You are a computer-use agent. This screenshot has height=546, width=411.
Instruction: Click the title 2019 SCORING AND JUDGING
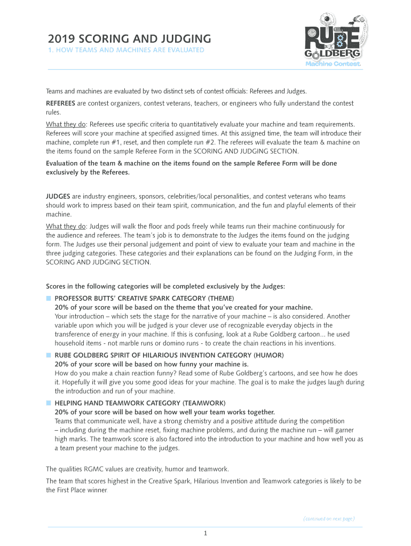[129, 39]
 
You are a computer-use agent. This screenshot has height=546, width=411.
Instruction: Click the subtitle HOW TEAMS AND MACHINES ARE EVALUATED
[130, 51]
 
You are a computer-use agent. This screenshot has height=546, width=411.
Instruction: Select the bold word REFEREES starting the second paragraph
[61, 103]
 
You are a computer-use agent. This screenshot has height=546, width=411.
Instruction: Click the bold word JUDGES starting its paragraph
[58, 196]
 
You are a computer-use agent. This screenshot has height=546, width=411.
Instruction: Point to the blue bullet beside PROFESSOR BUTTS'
[48, 298]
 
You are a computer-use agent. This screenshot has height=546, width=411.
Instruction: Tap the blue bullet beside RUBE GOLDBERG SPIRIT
[48, 355]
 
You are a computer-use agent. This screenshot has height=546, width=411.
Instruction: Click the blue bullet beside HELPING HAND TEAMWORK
[48, 403]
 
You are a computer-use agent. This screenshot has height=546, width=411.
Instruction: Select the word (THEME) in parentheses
[221, 298]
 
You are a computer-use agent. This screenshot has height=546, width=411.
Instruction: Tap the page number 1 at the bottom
[205, 533]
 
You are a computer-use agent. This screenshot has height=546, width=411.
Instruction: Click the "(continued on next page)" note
[329, 518]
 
